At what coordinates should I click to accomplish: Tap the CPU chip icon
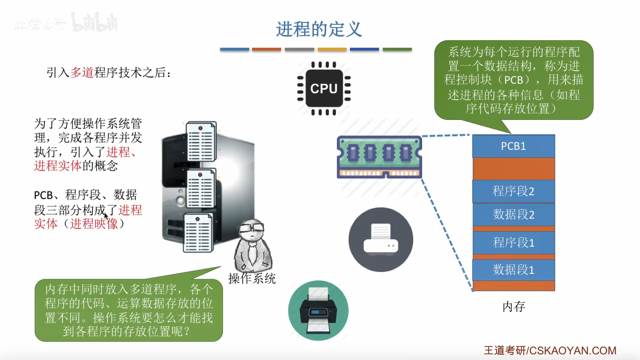(x=324, y=88)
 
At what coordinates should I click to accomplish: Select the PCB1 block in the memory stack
(x=513, y=146)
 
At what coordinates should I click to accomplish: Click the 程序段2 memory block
(x=513, y=191)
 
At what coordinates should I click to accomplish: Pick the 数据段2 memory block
(x=513, y=215)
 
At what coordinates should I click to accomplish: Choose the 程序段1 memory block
(x=513, y=242)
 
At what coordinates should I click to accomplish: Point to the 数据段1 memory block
(x=513, y=270)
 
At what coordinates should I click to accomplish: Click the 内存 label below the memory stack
(x=513, y=307)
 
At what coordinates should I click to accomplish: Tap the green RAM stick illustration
(x=379, y=157)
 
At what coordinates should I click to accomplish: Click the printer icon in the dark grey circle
(x=380, y=239)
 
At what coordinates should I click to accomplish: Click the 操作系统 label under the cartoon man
(x=252, y=278)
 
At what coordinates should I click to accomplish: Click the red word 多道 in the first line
(x=82, y=73)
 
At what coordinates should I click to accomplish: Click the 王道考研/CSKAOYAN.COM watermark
(x=550, y=350)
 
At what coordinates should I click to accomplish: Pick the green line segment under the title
(x=397, y=49)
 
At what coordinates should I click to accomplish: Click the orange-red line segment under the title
(x=266, y=49)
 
